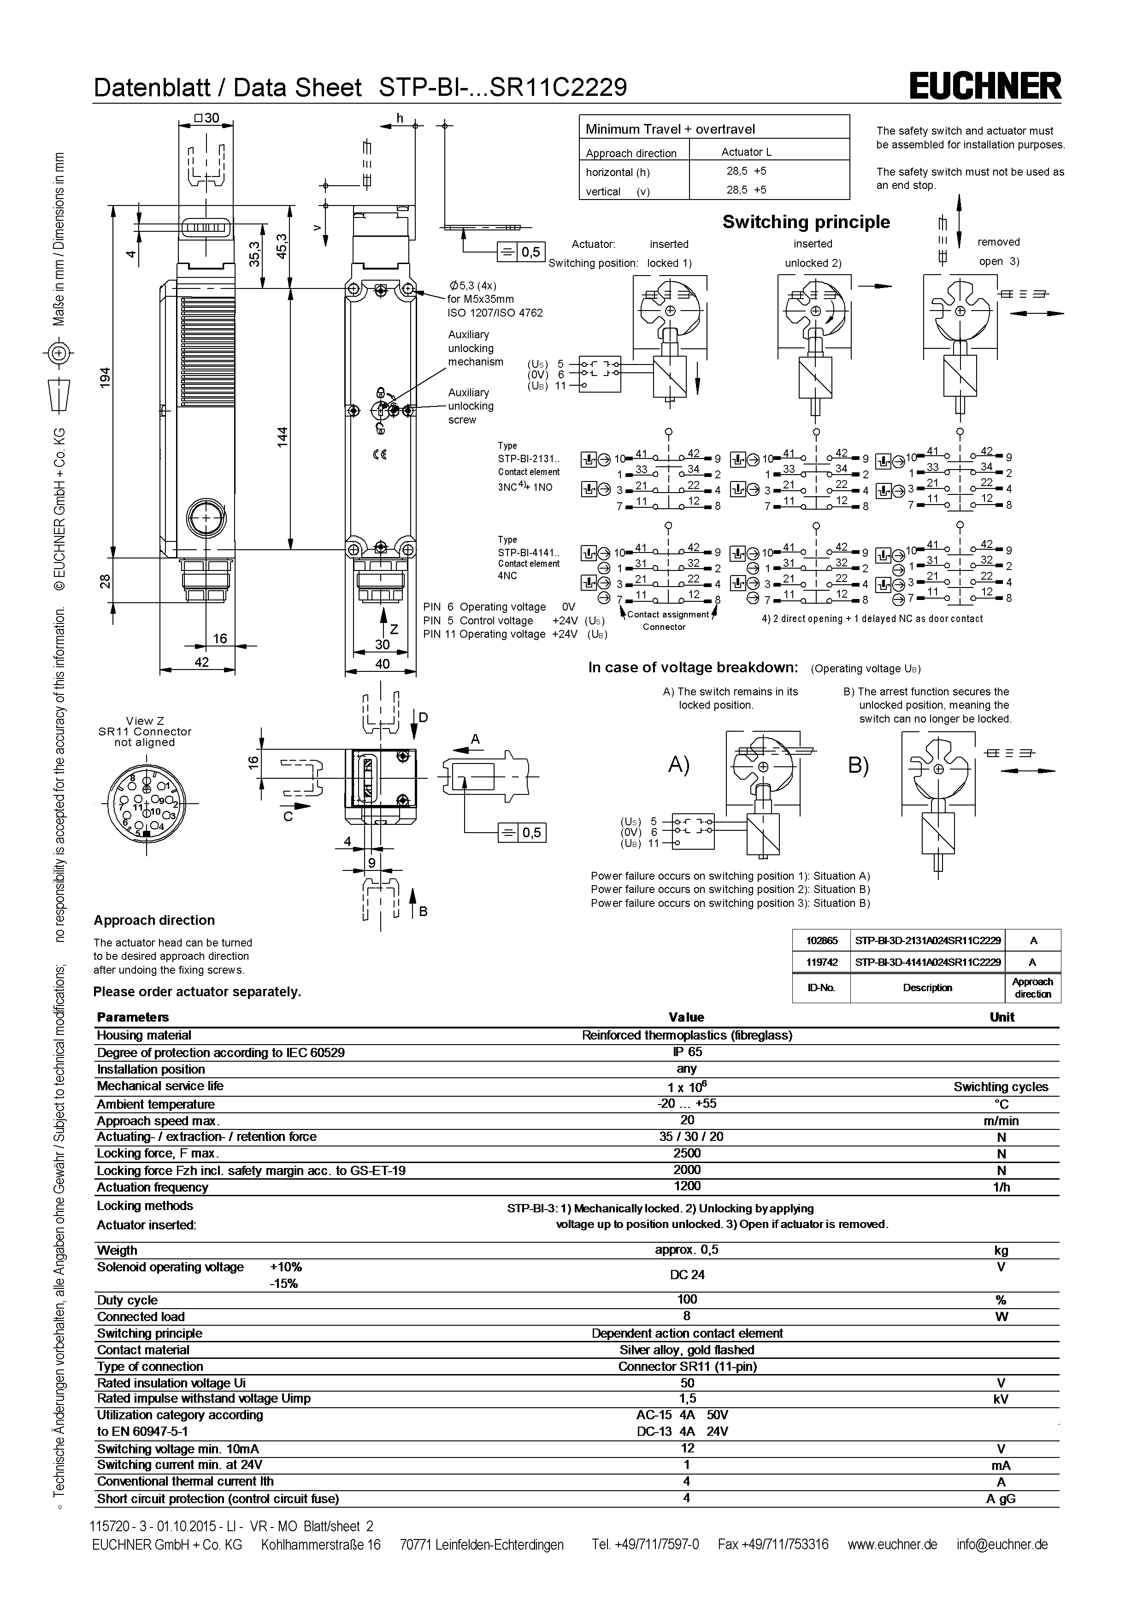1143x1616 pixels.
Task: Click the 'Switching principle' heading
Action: pos(806,223)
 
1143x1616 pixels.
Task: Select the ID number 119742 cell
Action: pos(821,961)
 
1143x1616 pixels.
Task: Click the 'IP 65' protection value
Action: pos(686,1052)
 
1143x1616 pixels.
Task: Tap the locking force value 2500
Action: pos(686,1153)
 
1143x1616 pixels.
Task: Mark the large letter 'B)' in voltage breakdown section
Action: pos(858,765)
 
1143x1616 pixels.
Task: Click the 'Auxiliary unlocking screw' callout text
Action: pos(471,406)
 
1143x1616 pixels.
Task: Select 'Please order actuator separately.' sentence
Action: pos(197,992)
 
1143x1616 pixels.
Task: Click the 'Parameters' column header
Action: pos(133,1017)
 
